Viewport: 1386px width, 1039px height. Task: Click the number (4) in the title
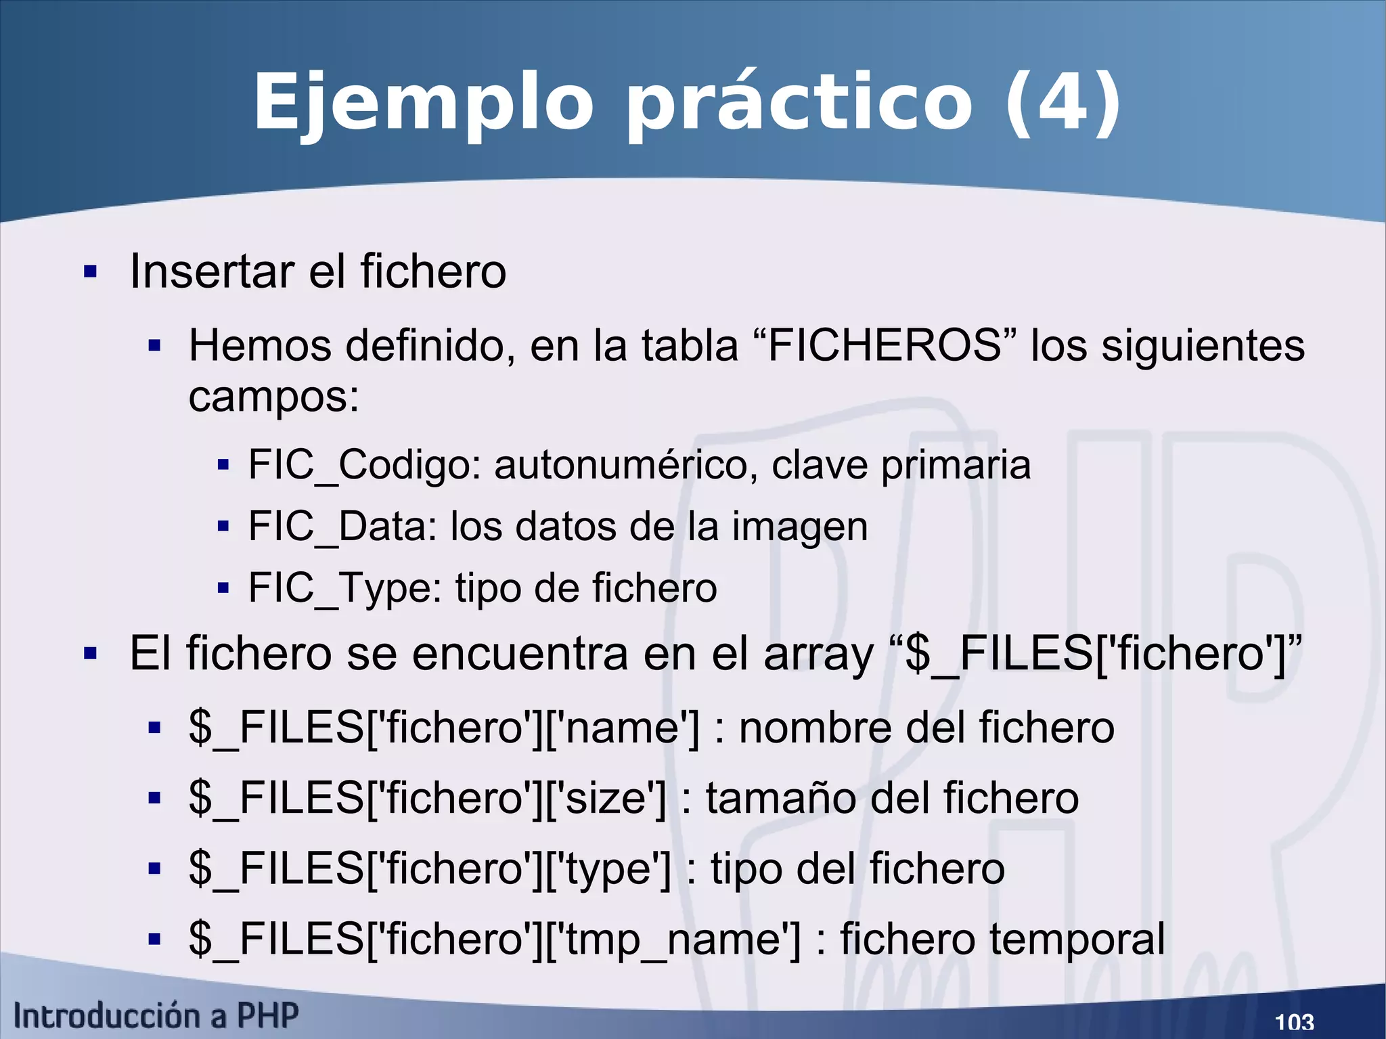point(1063,103)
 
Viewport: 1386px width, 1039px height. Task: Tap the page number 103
point(1294,1021)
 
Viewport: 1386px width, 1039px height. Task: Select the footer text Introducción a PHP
point(156,1016)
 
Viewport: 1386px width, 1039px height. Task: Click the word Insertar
point(212,271)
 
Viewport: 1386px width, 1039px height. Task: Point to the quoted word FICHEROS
point(885,345)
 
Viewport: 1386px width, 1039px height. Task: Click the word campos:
point(273,397)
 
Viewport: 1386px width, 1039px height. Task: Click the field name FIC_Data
point(342,527)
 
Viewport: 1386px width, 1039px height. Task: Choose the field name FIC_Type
point(344,588)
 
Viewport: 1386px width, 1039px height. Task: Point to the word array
point(818,655)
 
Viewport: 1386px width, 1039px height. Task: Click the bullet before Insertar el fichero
point(90,272)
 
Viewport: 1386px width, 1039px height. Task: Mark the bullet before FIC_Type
point(223,588)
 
